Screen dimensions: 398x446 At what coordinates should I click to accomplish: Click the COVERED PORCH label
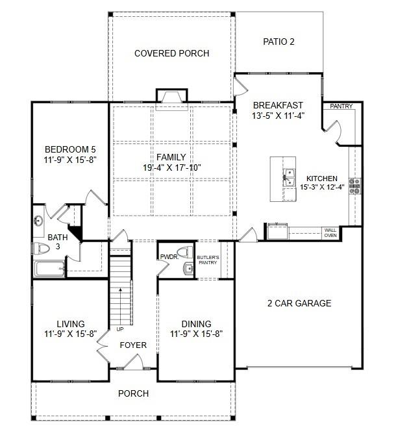click(171, 53)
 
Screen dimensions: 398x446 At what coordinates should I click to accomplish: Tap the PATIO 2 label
click(279, 42)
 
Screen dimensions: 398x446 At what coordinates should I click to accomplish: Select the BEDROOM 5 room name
click(70, 149)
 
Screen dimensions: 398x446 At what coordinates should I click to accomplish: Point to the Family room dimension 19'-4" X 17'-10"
click(172, 167)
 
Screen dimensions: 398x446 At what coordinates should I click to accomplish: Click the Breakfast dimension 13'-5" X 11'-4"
click(279, 116)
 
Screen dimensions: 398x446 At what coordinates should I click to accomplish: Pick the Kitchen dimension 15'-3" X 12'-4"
click(322, 187)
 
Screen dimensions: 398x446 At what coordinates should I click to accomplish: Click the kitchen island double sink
click(290, 177)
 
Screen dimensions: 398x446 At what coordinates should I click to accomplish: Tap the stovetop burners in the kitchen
click(354, 186)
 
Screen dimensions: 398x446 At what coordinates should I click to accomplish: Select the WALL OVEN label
click(330, 232)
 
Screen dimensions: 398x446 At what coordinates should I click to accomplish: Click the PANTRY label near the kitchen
click(341, 106)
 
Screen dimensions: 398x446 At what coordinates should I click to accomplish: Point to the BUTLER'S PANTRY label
click(208, 260)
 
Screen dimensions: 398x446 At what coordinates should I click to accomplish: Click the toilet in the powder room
click(184, 252)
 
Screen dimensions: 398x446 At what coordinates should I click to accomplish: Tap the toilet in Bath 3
click(42, 248)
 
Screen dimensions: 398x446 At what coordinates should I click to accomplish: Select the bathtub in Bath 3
click(49, 269)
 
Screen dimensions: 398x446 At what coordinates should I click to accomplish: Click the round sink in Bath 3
click(38, 220)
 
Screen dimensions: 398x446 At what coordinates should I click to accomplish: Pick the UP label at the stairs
click(120, 329)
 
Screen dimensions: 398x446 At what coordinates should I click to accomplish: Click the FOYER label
click(133, 345)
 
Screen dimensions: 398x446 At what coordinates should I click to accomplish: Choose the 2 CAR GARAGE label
click(299, 303)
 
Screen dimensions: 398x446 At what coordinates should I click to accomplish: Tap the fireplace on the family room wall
click(172, 96)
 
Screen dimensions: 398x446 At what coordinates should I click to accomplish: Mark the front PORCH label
click(134, 393)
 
